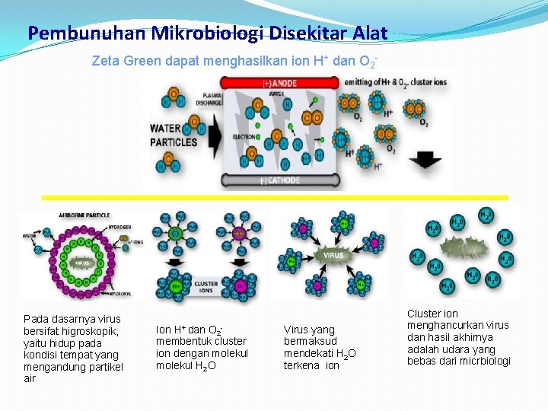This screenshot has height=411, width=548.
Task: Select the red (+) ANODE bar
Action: pos(281,82)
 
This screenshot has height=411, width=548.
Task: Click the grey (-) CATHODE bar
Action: pos(281,180)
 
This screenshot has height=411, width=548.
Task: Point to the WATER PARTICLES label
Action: pos(174,135)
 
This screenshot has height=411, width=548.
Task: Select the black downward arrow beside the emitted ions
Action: pos(425,160)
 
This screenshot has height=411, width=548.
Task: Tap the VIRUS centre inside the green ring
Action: pos(81,264)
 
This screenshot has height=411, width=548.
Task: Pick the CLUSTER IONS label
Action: pos(206,287)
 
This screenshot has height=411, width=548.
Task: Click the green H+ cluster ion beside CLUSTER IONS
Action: pos(176,286)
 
